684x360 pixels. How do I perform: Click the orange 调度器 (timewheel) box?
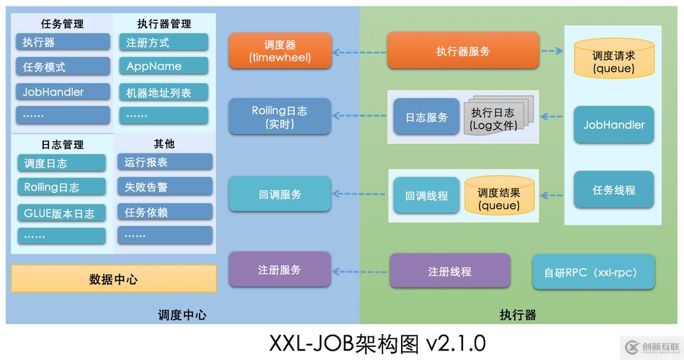[x=279, y=50]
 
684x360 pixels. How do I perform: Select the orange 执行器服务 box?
[x=462, y=50]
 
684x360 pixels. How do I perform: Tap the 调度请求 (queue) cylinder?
[x=613, y=61]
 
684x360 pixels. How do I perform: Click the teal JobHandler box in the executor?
[x=613, y=125]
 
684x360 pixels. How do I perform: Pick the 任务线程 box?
[x=613, y=190]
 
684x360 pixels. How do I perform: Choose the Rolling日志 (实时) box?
[x=279, y=117]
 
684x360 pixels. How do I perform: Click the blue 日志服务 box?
[x=426, y=117]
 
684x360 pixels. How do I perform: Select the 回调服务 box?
[x=279, y=194]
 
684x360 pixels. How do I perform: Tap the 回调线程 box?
[x=426, y=195]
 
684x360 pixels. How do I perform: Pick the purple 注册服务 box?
[x=279, y=269]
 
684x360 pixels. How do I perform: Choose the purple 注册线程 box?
[x=449, y=271]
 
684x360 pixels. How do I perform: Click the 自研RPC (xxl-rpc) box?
[x=594, y=271]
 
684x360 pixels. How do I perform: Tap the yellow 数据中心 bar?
[x=113, y=279]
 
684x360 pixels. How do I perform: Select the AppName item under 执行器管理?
[x=163, y=66]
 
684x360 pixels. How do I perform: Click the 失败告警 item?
[x=165, y=186]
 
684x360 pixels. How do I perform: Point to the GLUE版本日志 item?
[x=61, y=212]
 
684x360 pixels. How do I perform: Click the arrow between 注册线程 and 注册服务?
[x=360, y=271]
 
